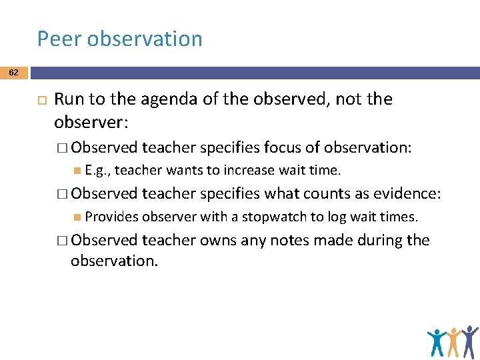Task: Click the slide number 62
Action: [14, 72]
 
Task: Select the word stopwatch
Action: [271, 217]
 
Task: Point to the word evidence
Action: [406, 193]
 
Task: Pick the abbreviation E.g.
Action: [98, 171]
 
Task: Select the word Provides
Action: [112, 217]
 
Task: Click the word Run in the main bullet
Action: [68, 99]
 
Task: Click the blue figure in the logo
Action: [437, 341]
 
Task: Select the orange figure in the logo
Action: [455, 341]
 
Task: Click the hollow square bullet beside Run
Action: [39, 100]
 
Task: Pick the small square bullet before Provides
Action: [79, 217]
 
